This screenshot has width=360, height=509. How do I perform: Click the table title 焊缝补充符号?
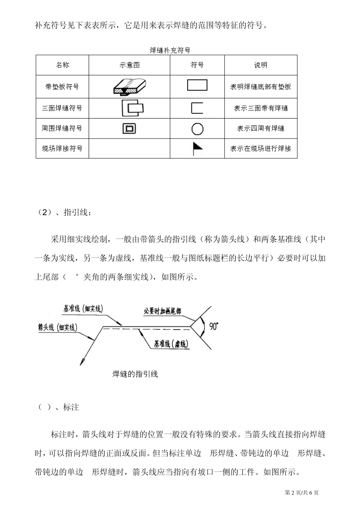pyautogui.click(x=170, y=50)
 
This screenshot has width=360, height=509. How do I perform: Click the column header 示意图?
pyautogui.click(x=129, y=65)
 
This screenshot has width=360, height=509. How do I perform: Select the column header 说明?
pyautogui.click(x=261, y=65)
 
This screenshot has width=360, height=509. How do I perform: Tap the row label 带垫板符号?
pyautogui.click(x=62, y=87)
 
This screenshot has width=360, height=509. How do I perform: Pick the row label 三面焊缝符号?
pyautogui.click(x=62, y=108)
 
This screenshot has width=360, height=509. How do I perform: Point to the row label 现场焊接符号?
pyautogui.click(x=62, y=148)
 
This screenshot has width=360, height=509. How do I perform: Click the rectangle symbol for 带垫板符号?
pyautogui.click(x=197, y=85)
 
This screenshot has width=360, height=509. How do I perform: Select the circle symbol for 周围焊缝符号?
pyautogui.click(x=197, y=129)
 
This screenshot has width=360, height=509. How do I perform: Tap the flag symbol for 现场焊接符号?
pyautogui.click(x=197, y=148)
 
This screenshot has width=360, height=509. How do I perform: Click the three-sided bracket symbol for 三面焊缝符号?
pyautogui.click(x=197, y=108)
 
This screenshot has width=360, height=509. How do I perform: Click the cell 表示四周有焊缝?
pyautogui.click(x=261, y=128)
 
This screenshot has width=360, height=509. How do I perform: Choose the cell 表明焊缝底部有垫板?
pyautogui.click(x=261, y=87)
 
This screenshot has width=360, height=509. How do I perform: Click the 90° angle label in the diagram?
pyautogui.click(x=213, y=326)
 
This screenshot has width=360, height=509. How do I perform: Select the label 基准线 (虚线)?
pyautogui.click(x=171, y=344)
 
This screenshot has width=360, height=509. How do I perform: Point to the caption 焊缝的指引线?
pyautogui.click(x=135, y=374)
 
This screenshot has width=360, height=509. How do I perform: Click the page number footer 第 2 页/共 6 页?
pyautogui.click(x=302, y=492)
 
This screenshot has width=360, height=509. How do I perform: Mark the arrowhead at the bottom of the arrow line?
pyautogui.click(x=81, y=362)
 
